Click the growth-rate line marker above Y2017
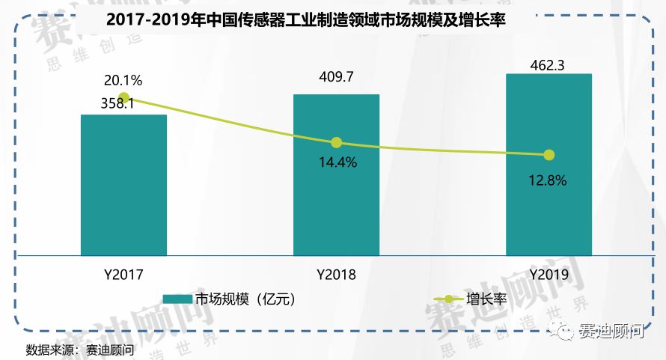click(x=124, y=98)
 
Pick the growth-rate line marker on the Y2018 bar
click(x=336, y=142)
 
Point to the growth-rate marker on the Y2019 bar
click(x=549, y=155)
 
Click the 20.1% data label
click(x=123, y=80)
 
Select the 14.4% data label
click(x=336, y=162)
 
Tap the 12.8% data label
click(x=548, y=180)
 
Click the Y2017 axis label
click(x=123, y=275)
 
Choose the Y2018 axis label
click(x=336, y=275)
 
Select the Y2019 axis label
click(x=549, y=275)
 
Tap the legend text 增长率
click(x=485, y=299)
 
